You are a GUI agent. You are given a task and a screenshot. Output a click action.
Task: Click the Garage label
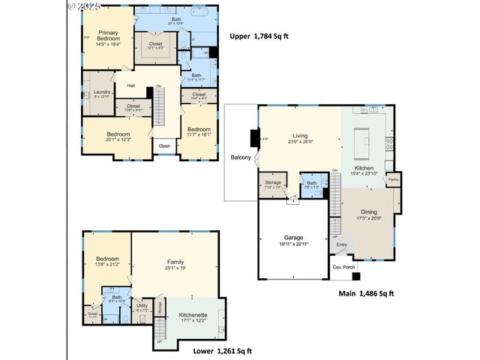pyautogui.click(x=293, y=237)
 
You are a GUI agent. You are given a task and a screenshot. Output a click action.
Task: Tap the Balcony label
pyautogui.click(x=240, y=157)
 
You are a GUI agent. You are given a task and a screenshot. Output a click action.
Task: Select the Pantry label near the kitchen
pyautogui.click(x=392, y=179)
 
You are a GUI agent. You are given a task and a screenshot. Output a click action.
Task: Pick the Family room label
pyautogui.click(x=175, y=262)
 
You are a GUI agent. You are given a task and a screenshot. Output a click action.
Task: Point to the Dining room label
pyautogui.click(x=368, y=212)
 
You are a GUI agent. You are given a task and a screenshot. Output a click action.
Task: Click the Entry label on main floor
pyautogui.click(x=342, y=244)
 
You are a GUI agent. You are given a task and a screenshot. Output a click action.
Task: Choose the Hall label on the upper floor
pyautogui.click(x=130, y=85)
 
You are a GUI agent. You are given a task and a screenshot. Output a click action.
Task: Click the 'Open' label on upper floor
pyautogui.click(x=164, y=145)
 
